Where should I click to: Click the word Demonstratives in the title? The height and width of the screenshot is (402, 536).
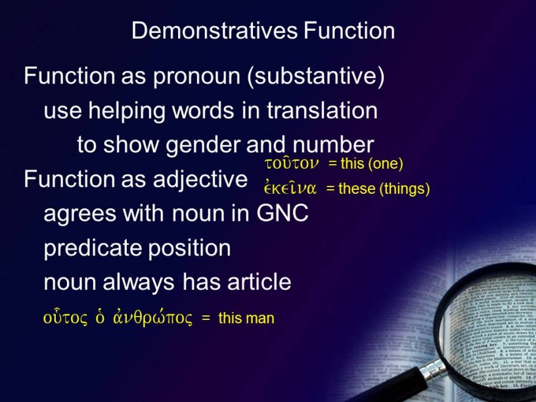pyautogui.click(x=215, y=30)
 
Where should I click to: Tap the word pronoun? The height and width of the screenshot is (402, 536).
pyautogui.click(x=196, y=77)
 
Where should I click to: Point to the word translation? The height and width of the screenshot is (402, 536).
pyautogui.click(x=322, y=110)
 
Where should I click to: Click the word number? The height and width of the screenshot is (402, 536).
pyautogui.click(x=333, y=145)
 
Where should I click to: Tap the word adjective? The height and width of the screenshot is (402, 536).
pyautogui.click(x=200, y=180)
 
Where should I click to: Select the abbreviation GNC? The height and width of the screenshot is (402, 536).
pyautogui.click(x=282, y=213)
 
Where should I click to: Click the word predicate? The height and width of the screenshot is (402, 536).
pyautogui.click(x=93, y=248)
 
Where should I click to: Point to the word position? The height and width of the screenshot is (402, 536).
pyautogui.click(x=189, y=248)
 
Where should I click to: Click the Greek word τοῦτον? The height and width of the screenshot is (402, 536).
pyautogui.click(x=292, y=164)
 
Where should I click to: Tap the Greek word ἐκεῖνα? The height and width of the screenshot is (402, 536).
pyautogui.click(x=290, y=187)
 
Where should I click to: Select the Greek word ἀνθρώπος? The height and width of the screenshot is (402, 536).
pyautogui.click(x=152, y=317)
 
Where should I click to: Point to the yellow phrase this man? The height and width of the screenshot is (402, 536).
pyautogui.click(x=246, y=318)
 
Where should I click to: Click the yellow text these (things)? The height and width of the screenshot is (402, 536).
pyautogui.click(x=384, y=189)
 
